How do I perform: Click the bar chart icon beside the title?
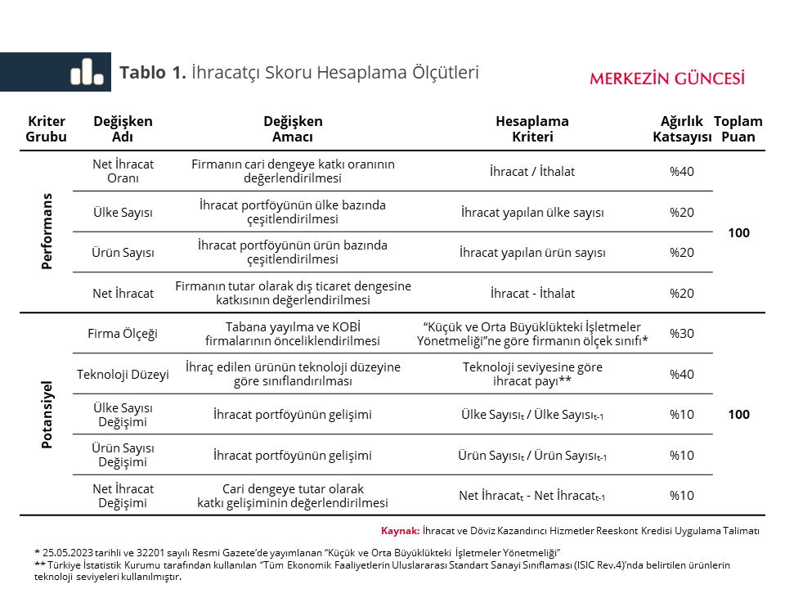tap(87, 72)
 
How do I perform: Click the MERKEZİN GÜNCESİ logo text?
tap(667, 79)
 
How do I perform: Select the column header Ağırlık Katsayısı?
tap(681, 129)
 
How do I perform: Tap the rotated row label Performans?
tap(47, 232)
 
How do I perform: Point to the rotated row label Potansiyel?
tap(47, 414)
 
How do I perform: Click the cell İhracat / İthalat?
tap(532, 171)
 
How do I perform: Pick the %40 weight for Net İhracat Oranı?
tap(681, 171)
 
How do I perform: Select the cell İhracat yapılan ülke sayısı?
tap(532, 212)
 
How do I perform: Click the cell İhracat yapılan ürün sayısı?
tap(532, 252)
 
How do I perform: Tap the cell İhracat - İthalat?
tap(532, 293)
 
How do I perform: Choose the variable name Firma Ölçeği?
tap(123, 333)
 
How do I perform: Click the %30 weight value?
tap(681, 333)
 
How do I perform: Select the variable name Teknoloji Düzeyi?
tap(123, 374)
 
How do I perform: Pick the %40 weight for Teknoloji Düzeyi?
tap(681, 374)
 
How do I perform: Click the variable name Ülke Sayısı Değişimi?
tap(123, 414)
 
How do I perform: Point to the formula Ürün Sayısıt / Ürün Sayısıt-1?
tap(532, 455)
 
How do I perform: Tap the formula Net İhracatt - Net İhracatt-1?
tap(532, 496)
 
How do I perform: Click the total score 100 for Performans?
tap(738, 232)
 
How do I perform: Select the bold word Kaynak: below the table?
tap(400, 530)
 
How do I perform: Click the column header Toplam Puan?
tap(738, 129)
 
